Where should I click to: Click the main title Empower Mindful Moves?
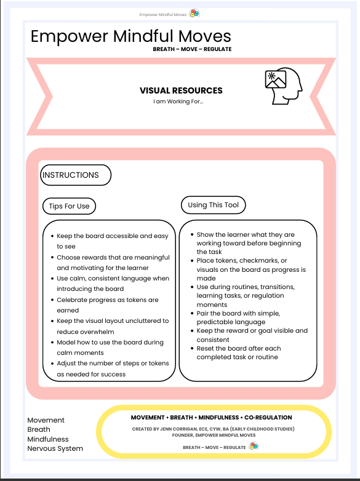point(130,36)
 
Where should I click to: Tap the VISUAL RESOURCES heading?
point(181,90)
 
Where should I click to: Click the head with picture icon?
point(282,87)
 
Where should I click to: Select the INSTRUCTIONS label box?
point(75,175)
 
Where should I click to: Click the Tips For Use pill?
point(69,206)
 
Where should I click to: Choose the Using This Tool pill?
point(213,204)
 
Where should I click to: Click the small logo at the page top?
point(194,14)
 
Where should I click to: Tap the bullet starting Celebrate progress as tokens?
point(107,304)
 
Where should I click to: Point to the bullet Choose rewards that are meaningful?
point(103,263)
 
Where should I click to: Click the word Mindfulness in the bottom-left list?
point(48,439)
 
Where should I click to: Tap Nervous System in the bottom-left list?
point(55,448)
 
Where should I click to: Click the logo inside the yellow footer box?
point(254,447)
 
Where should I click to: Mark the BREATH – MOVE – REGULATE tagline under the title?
point(192,49)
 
